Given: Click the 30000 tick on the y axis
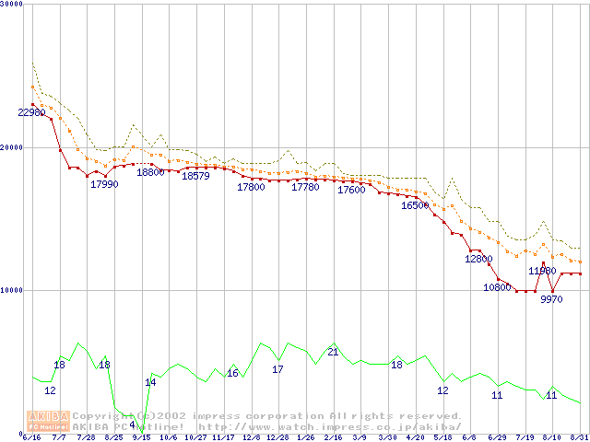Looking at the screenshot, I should click(14, 6).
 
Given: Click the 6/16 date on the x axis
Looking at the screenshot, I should click(32, 437).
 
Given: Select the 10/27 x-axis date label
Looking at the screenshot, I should click(195, 437).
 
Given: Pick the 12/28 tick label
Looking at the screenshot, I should click(278, 437).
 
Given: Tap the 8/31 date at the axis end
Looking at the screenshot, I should click(579, 437).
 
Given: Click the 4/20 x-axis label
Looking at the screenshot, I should click(415, 437).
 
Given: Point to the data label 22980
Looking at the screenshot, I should click(32, 112).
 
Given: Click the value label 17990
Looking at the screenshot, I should click(104, 184).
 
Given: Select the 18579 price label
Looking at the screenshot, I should click(195, 176).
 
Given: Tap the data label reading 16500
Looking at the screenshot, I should click(415, 205).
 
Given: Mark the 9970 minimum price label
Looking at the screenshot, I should click(551, 299).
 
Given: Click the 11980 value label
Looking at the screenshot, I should click(542, 271).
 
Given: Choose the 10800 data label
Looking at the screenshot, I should click(497, 287).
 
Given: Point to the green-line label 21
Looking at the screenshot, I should click(333, 352).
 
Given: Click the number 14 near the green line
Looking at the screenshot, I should click(150, 382).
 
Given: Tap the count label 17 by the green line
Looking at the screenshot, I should click(277, 369).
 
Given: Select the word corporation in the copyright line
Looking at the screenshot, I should click(266, 415).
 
